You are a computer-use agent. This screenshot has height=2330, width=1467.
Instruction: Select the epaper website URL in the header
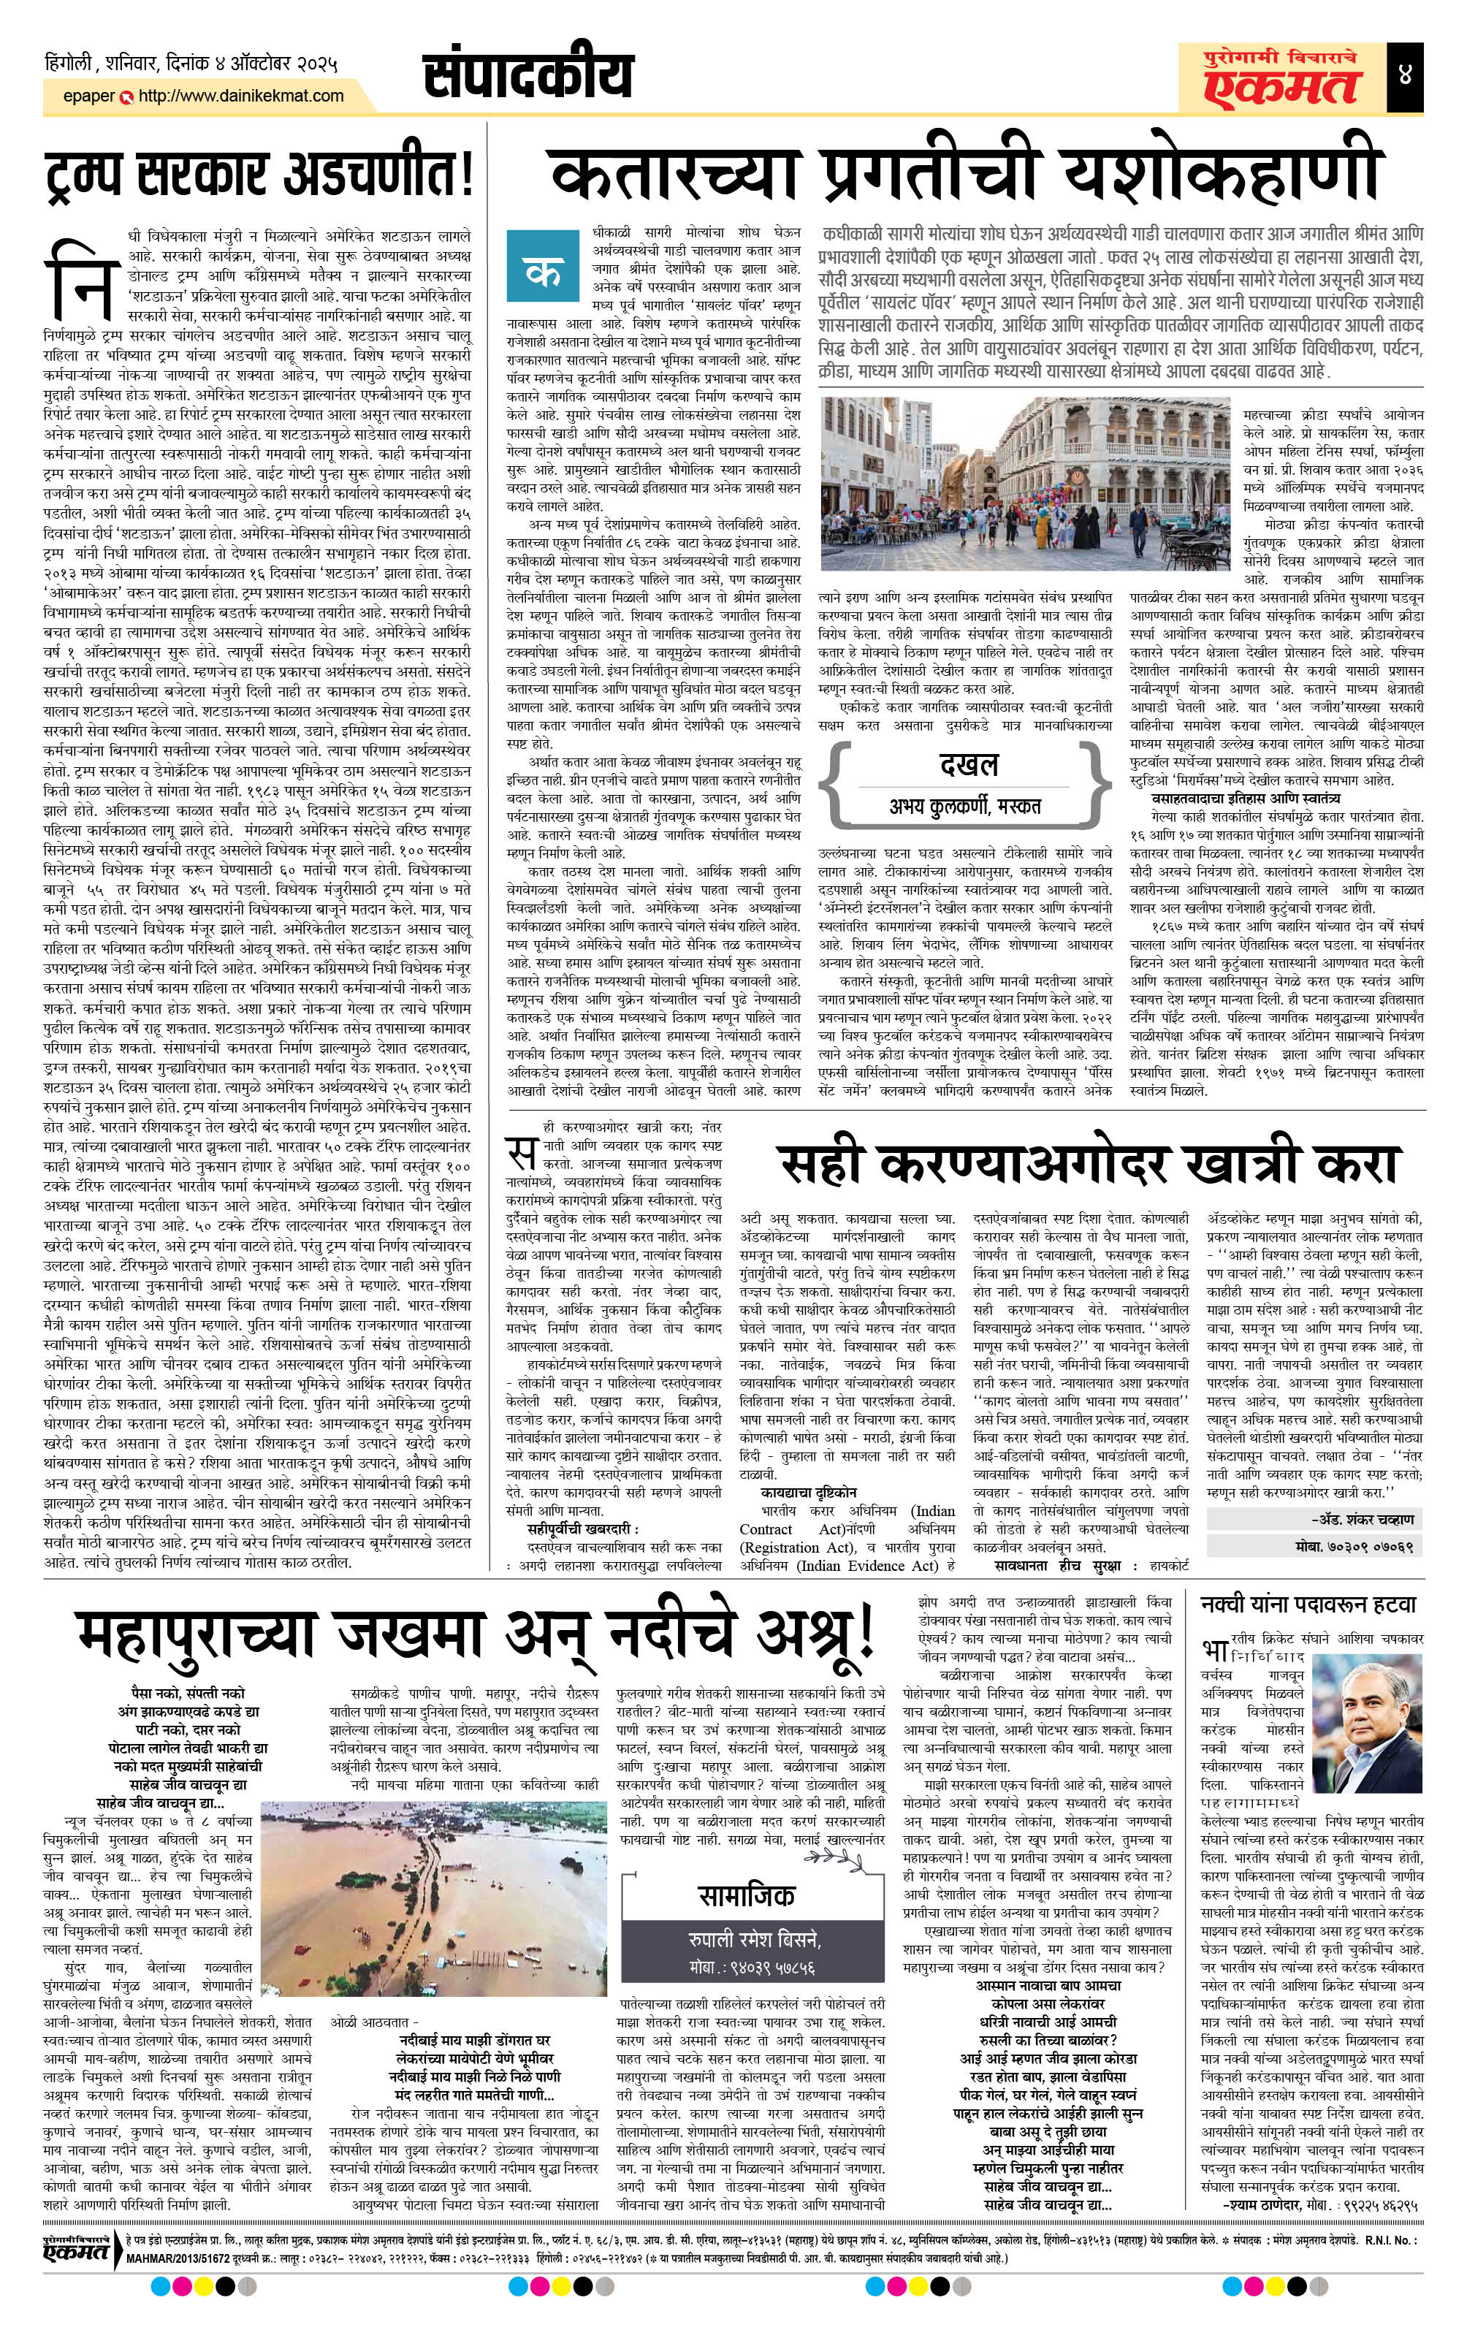(x=241, y=96)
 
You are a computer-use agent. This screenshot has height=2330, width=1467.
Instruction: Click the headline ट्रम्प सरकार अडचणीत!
(x=259, y=176)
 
